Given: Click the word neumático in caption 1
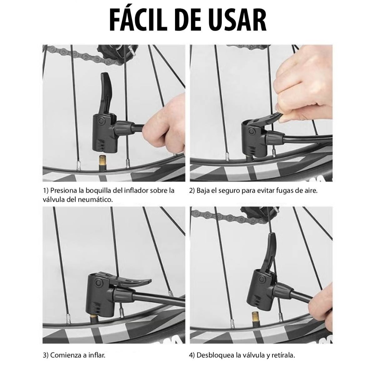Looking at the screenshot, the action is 95,200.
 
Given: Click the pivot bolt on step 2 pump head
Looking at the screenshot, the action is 251,131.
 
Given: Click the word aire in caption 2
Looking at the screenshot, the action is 311,191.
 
